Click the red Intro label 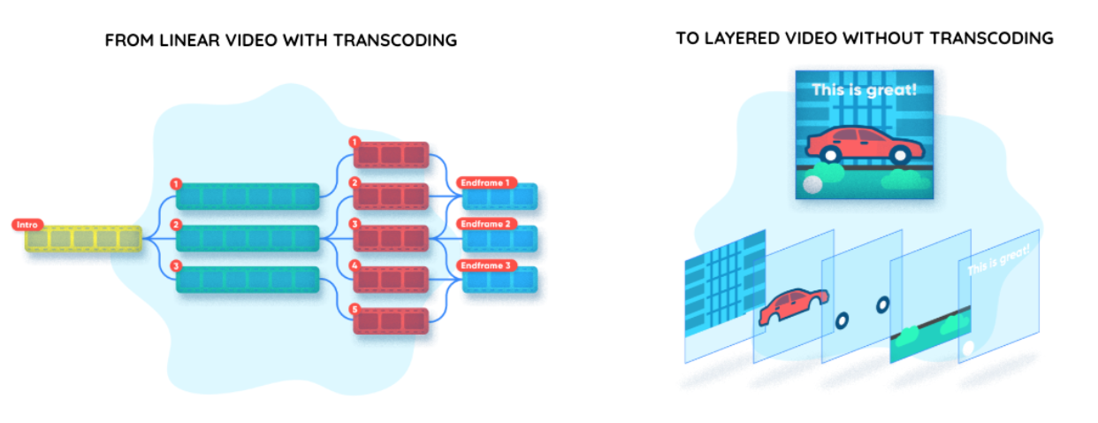click(27, 225)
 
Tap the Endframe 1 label click(484, 183)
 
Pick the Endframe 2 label click(484, 224)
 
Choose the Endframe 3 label click(484, 265)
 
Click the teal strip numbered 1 click(248, 196)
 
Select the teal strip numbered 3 click(248, 279)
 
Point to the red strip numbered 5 click(391, 319)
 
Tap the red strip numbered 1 click(391, 155)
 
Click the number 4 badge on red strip click(355, 265)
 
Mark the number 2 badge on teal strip click(177, 225)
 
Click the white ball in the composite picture click(812, 184)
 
